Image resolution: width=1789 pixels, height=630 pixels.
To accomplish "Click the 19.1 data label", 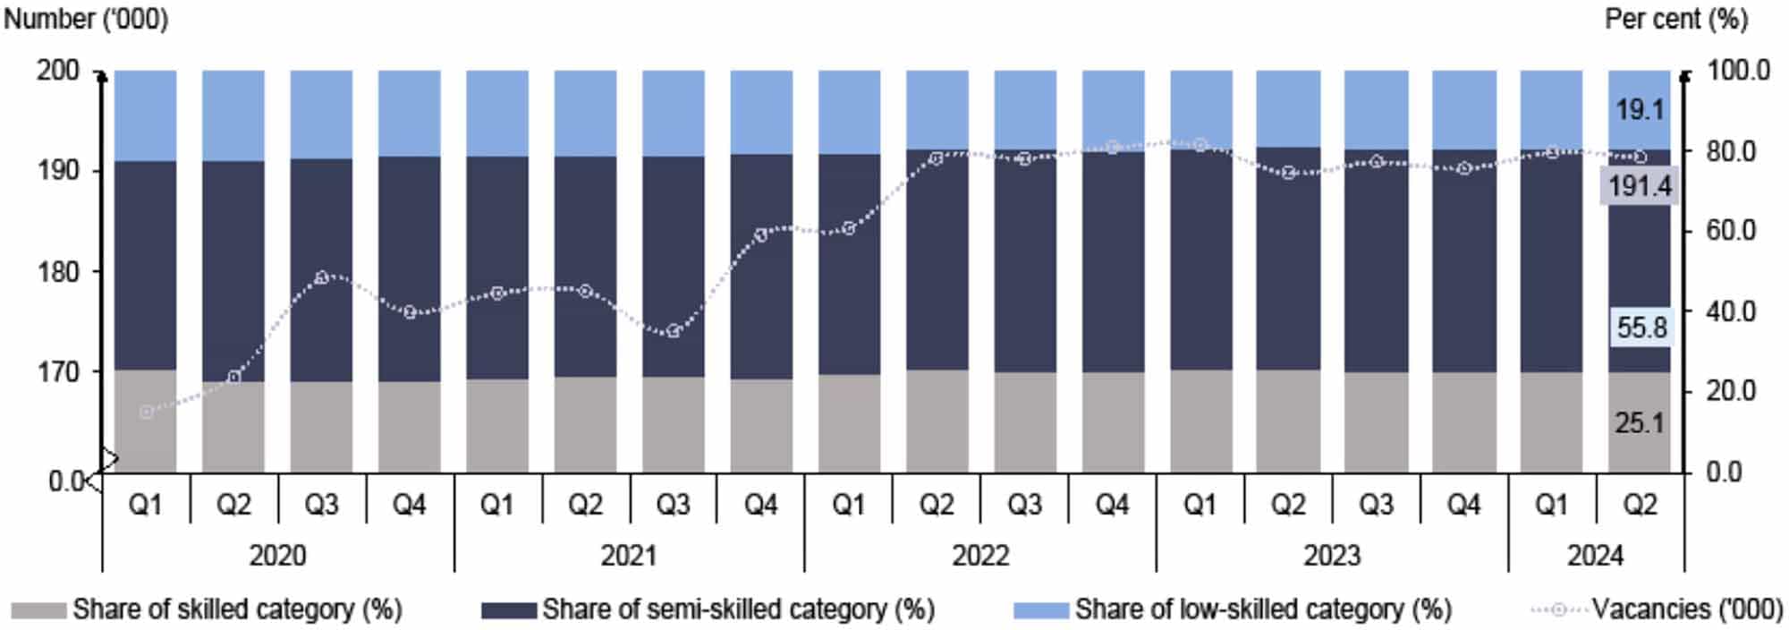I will click(1640, 110).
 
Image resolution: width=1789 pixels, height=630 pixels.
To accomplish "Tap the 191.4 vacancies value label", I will click(1640, 186).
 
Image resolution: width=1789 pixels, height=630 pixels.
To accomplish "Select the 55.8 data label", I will click(1641, 328).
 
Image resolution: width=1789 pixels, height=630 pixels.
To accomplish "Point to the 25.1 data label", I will click(1640, 422).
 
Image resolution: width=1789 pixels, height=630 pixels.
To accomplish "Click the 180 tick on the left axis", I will click(58, 271).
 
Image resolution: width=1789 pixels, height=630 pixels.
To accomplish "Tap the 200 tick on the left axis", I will click(58, 70).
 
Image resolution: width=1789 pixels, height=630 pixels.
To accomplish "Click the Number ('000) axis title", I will click(86, 19).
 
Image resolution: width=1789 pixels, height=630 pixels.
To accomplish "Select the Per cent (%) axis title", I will click(1675, 19).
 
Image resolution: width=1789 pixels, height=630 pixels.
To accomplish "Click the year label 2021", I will click(628, 556).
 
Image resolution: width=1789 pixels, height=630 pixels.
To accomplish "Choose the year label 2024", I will click(1595, 556).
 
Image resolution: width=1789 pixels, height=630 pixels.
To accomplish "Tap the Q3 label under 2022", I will click(1025, 506).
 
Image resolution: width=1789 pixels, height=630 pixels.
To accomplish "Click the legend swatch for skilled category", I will click(38, 610).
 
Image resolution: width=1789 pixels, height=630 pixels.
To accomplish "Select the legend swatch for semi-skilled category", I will click(509, 610).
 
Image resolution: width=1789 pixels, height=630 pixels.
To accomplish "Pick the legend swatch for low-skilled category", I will click(1041, 610).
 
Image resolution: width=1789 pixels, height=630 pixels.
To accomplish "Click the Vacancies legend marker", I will click(1558, 610).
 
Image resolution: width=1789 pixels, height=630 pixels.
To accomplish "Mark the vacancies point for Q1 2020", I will click(146, 412).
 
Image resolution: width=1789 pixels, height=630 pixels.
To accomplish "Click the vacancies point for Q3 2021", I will click(674, 331).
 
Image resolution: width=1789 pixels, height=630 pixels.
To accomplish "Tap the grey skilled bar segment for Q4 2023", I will click(1463, 421).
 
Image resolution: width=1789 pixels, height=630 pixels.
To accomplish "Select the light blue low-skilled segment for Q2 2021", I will click(585, 113).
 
